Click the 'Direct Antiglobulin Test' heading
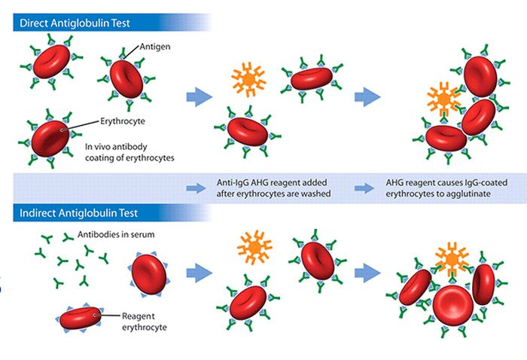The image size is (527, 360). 75,23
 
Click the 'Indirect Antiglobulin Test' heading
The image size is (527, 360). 78,213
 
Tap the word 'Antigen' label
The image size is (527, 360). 155,47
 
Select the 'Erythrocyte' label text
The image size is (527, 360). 123,121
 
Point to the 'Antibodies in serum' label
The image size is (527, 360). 116,234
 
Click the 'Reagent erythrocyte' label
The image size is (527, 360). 145,322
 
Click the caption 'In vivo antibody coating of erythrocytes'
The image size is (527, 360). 129,152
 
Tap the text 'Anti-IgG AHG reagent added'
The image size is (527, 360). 272,182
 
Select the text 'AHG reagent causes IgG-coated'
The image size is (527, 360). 446,182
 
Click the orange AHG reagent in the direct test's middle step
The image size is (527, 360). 248,79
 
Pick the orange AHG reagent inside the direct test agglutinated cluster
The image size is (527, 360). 443,99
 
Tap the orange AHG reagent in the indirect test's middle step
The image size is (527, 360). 254,248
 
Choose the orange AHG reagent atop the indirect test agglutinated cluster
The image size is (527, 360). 452,260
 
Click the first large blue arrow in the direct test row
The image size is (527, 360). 200,97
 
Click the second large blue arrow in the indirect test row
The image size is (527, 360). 367,273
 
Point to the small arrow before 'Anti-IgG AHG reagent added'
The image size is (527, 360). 196,188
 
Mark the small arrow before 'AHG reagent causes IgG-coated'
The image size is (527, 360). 364,188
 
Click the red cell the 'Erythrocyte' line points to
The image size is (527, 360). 50,139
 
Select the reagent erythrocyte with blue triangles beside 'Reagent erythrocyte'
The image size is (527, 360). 81,318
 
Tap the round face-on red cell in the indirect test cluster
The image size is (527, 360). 452,306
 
